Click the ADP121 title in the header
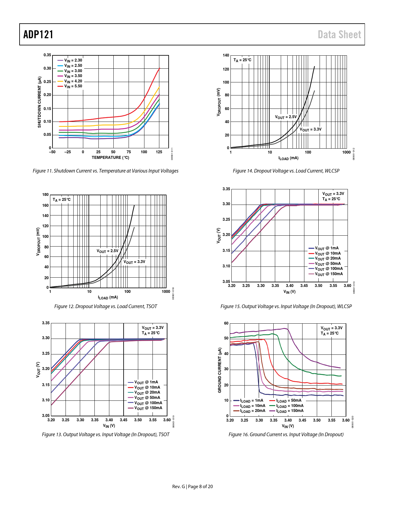38,35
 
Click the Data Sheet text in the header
339,35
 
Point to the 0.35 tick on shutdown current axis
47,55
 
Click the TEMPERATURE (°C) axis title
110,158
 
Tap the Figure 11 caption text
106,171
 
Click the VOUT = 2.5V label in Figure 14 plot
286,117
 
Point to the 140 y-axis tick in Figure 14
226,55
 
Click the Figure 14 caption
286,171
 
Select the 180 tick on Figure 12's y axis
45,195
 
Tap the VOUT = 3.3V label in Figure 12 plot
134,262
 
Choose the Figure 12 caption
106,307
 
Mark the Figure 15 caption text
286,307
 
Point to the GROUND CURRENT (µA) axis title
220,370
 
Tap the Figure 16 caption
286,435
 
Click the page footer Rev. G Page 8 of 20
193,487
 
